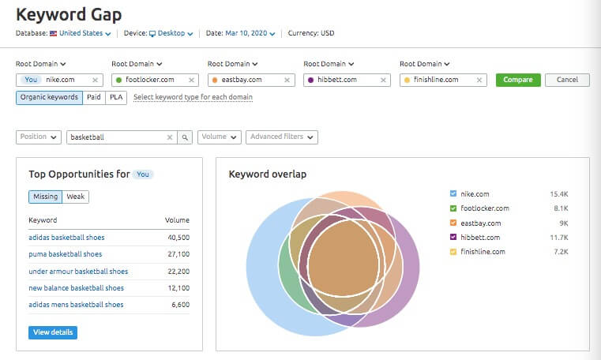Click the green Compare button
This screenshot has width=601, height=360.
pos(518,80)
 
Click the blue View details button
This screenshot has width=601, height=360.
pos(53,332)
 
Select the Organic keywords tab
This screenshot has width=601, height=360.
pos(49,97)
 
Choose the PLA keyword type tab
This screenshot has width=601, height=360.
pos(117,97)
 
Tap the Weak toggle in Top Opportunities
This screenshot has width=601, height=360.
pos(76,197)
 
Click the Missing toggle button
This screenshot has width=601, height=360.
pos(45,197)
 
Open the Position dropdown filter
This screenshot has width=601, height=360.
pos(39,137)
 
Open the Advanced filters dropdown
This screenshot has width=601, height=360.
pos(282,137)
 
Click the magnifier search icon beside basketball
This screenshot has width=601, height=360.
pos(185,137)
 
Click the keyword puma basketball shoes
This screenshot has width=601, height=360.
pos(65,254)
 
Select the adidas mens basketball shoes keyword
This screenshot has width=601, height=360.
pos(76,305)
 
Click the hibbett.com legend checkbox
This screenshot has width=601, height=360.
pos(453,237)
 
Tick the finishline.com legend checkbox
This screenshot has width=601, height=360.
pos(453,252)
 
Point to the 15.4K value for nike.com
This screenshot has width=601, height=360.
pos(559,193)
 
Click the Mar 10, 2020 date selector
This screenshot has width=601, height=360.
pos(252,34)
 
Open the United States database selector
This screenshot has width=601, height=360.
pos(81,34)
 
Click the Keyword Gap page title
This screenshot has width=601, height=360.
pos(69,14)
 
